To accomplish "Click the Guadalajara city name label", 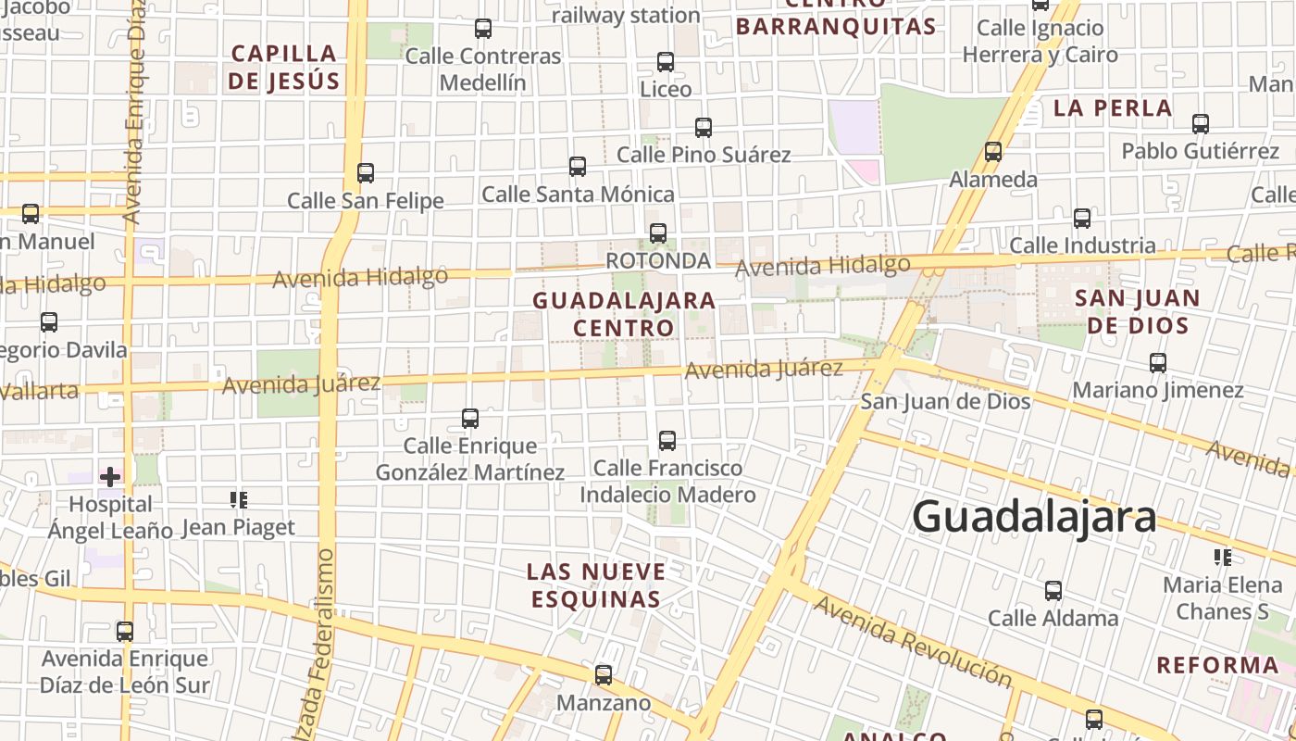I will tap(1034, 517).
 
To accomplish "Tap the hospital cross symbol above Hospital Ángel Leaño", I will tap(110, 477).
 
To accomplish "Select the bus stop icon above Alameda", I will tap(993, 152).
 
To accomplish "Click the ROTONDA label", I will tap(658, 261).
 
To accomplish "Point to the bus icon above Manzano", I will tap(604, 675).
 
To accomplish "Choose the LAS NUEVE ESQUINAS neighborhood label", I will tap(597, 584).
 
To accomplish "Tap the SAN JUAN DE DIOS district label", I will tap(1138, 311).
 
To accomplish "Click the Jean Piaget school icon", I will tap(239, 501).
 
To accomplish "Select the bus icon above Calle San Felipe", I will tap(366, 173).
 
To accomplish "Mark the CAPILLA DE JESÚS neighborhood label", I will tap(283, 67).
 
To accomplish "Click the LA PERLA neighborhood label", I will tap(1113, 108).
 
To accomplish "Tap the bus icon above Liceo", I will tap(666, 62).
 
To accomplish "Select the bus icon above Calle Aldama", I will tap(1053, 591).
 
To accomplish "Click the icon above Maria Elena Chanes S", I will tap(1223, 558).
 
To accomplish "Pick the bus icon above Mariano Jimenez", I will tap(1158, 363).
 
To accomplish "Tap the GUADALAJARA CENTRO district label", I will tap(624, 313).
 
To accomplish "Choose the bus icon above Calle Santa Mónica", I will tap(578, 167).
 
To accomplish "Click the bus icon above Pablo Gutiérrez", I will tap(1201, 123).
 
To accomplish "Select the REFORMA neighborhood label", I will tap(1217, 665).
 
